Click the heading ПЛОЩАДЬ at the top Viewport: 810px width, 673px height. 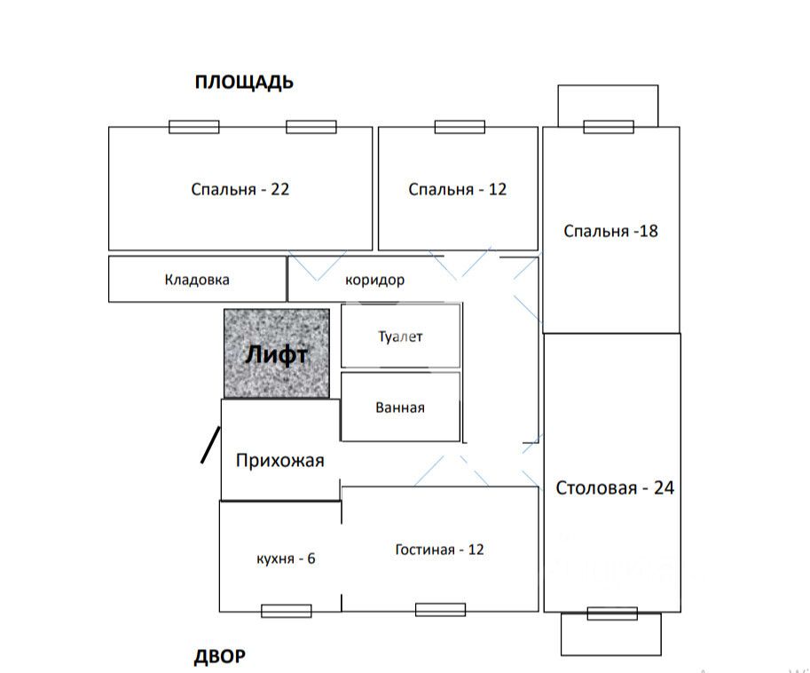244,83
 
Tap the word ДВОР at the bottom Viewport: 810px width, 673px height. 219,657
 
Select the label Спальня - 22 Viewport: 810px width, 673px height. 240,189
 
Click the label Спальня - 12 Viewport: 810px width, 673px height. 457,189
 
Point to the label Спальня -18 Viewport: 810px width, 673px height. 610,231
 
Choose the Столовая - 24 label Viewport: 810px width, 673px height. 614,487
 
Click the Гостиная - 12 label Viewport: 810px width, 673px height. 439,550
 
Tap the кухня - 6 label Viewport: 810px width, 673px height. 286,558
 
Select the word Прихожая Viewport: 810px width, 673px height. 279,461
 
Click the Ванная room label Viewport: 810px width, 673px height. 400,408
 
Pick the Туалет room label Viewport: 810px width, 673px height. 401,336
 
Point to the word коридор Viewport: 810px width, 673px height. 374,281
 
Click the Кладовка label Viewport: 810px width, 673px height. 197,280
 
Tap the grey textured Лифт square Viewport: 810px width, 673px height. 276,353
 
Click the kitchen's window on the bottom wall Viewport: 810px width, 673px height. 287,611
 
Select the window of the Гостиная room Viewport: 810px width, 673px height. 440,610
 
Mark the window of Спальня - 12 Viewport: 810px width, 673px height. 460,128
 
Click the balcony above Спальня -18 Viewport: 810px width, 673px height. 608,105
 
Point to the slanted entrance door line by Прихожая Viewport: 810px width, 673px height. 209,446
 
